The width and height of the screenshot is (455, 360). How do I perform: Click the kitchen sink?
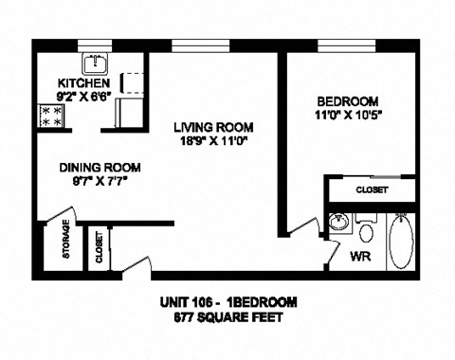point(94,64)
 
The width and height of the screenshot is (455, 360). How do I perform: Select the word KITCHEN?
point(80,83)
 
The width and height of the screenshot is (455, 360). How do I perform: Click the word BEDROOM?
point(347,101)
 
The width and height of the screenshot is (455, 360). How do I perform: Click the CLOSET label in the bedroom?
point(372,190)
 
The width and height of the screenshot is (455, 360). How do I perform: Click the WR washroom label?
point(360,257)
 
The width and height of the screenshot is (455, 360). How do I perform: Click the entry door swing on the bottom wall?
point(138,265)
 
